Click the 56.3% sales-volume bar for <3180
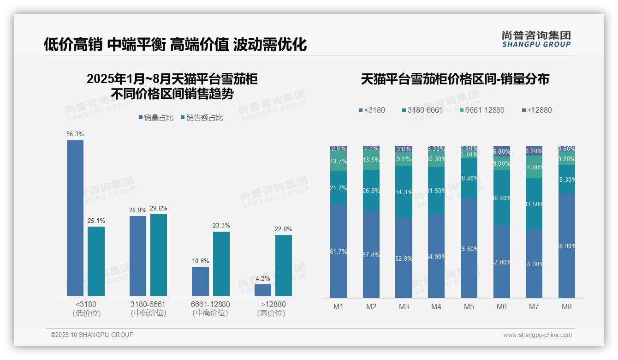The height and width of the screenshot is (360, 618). tap(75, 218)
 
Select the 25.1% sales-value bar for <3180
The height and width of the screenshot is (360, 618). tap(96, 261)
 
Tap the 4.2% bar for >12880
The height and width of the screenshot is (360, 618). tap(263, 290)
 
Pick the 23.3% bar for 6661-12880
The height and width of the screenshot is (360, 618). tap(221, 264)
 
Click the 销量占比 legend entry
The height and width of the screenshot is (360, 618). tap(155, 118)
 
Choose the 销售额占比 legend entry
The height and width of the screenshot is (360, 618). tap(202, 118)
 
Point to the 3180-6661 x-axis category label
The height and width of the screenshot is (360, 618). tap(148, 309)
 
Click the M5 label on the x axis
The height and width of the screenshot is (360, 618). tap(469, 306)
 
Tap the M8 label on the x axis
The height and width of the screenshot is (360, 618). tap(567, 306)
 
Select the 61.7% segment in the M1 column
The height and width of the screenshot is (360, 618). tap(339, 252)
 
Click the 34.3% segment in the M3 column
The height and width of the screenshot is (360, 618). tap(404, 192)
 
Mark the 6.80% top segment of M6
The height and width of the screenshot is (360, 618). tap(502, 151)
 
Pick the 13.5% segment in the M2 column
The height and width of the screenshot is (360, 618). tap(371, 160)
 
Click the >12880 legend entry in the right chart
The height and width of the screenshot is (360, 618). tap(536, 110)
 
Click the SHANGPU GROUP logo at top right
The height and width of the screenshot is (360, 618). tap(536, 39)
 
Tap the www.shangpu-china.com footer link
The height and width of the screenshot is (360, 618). tap(537, 335)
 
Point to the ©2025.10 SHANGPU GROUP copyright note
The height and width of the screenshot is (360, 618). tap(92, 335)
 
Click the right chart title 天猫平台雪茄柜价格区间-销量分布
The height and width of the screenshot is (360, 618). tap(455, 79)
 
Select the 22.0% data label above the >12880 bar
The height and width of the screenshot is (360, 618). tap(284, 229)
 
